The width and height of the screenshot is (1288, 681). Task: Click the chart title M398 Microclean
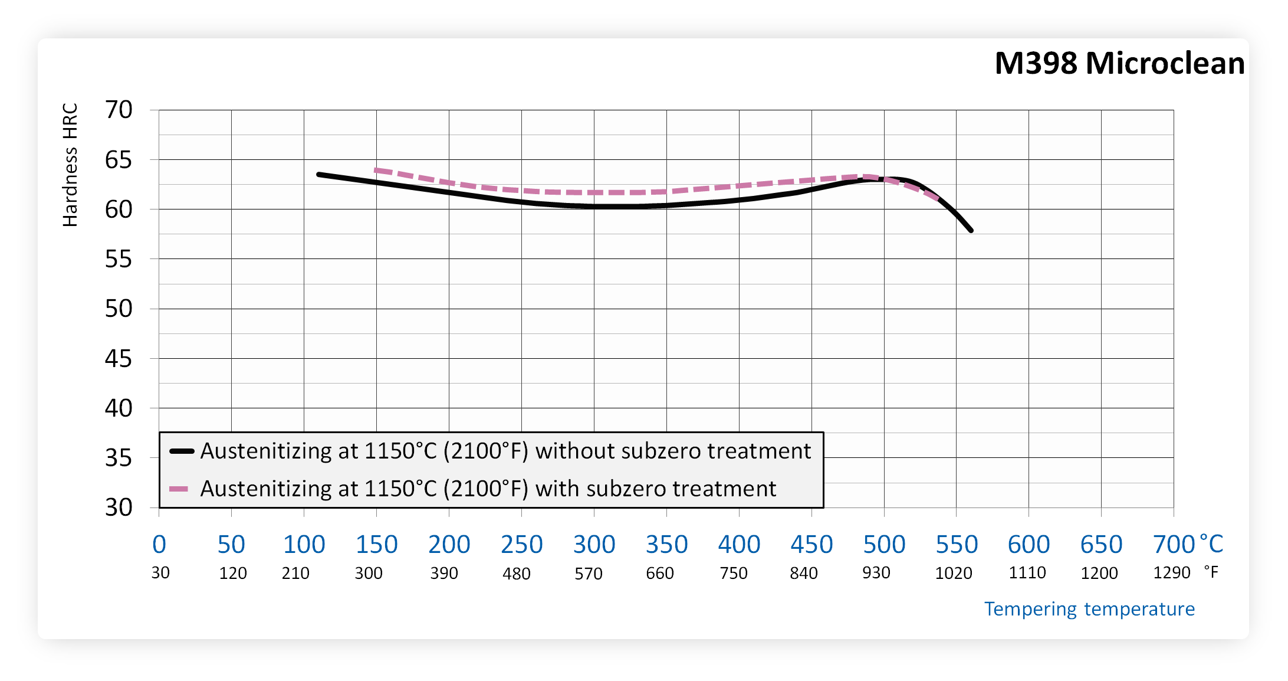(x=1119, y=63)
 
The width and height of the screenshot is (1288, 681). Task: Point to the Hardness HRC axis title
(x=70, y=165)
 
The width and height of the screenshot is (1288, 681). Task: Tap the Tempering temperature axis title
(x=1089, y=608)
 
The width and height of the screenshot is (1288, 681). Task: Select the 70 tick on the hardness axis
(x=119, y=110)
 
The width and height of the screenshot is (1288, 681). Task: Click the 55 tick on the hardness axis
(x=119, y=259)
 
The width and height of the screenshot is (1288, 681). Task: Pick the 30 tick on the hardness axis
(x=119, y=508)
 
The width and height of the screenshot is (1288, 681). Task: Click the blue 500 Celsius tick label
(x=884, y=544)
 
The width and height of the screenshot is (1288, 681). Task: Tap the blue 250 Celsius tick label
(x=521, y=544)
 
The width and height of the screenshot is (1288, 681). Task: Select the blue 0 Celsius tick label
(x=159, y=544)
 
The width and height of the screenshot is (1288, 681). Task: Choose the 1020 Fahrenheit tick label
(x=954, y=573)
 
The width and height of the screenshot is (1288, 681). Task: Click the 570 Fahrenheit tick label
(x=589, y=573)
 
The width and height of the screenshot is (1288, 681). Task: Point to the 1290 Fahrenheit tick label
(x=1172, y=572)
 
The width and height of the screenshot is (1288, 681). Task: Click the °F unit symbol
(x=1211, y=572)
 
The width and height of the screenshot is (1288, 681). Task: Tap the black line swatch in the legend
(x=182, y=451)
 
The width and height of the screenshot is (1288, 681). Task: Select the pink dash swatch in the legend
(x=179, y=489)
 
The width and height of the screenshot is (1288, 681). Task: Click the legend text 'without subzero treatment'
(x=673, y=451)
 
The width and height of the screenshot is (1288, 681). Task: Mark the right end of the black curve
(x=971, y=230)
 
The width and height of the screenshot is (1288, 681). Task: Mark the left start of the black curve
(x=319, y=175)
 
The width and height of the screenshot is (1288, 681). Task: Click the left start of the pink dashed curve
(x=376, y=170)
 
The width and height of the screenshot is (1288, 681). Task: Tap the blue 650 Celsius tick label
(x=1101, y=544)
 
